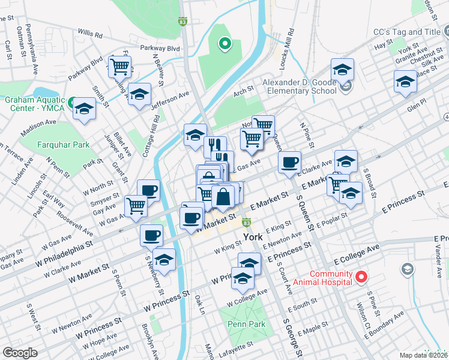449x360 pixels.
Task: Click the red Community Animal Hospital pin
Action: point(361,277)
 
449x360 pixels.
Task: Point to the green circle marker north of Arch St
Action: point(225,43)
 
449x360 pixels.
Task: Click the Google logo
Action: point(20,352)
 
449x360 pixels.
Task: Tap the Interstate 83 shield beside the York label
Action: point(246,222)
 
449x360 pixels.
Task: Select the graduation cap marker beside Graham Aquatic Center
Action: point(84,109)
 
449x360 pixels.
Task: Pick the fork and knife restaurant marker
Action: point(214,146)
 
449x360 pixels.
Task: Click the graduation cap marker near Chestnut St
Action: point(405,81)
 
